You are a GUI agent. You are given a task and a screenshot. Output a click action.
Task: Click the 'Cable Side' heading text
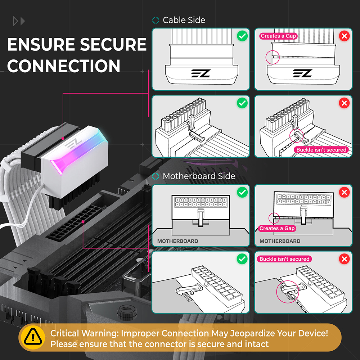click(x=184, y=20)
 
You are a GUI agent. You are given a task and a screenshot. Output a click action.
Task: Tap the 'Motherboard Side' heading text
click(x=199, y=176)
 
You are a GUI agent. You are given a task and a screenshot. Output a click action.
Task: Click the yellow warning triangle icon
click(x=33, y=337)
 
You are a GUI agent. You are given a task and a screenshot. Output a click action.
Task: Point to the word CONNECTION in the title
click(x=64, y=66)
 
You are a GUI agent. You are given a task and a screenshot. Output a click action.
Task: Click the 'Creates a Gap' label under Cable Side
click(x=278, y=36)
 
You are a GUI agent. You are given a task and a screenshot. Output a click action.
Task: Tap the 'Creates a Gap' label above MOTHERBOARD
click(x=277, y=229)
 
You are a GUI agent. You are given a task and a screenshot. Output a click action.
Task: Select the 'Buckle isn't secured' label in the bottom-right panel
click(x=284, y=259)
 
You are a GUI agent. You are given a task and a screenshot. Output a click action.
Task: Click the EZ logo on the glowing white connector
click(x=73, y=144)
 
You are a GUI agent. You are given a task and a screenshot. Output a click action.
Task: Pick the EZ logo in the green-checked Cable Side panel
click(x=201, y=73)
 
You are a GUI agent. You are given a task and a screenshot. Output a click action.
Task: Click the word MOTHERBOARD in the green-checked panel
click(x=177, y=241)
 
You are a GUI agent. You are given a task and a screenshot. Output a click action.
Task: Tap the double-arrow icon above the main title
click(x=19, y=21)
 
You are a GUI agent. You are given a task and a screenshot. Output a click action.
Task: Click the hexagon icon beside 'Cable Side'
click(x=156, y=20)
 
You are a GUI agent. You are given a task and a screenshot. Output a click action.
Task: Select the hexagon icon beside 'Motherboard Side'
click(x=156, y=176)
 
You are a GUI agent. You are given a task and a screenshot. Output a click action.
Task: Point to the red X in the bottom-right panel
click(x=344, y=259)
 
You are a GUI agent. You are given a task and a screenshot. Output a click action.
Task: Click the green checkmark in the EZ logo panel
click(x=242, y=36)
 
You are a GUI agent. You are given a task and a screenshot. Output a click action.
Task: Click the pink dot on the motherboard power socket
click(x=83, y=221)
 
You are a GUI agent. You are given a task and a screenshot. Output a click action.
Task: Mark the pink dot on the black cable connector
click(x=63, y=139)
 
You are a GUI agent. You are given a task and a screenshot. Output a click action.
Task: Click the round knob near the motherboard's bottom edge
click(x=127, y=312)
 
